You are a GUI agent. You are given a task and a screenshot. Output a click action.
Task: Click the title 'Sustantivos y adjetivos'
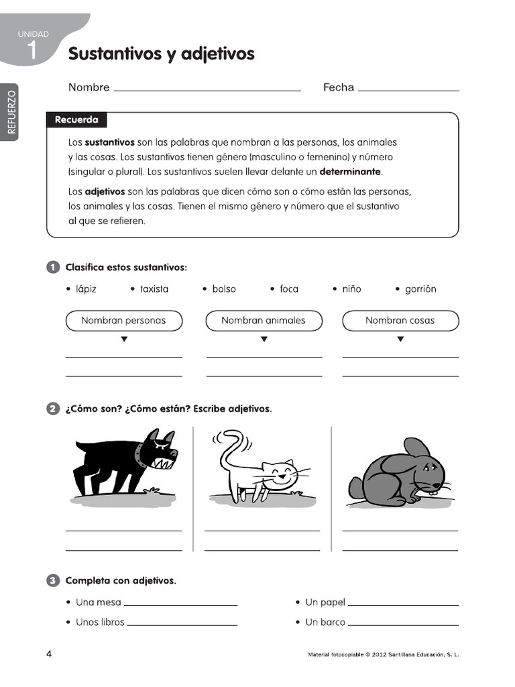[161, 54]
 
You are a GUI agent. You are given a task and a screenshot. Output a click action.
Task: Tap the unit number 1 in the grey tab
[32, 49]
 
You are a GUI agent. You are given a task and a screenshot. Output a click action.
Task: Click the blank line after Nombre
[207, 89]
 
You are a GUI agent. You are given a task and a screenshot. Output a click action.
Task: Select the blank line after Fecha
[409, 89]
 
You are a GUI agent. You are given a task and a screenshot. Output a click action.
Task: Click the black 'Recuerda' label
[76, 120]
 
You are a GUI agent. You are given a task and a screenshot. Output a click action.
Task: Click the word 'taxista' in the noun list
[154, 289]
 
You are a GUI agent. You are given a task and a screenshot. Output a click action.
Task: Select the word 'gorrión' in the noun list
[420, 289]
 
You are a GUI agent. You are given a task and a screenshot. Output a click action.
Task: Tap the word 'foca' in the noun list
[289, 289]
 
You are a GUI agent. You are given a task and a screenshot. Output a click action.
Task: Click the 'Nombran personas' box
[123, 321]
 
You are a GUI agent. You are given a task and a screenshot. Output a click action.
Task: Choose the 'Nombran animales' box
[263, 321]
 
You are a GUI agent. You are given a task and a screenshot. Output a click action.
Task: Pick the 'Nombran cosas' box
[400, 321]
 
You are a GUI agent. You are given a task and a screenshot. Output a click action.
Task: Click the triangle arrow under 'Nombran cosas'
[400, 339]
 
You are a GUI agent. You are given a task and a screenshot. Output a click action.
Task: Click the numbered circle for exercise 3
[53, 580]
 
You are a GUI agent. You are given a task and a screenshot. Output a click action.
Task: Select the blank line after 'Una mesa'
[181, 604]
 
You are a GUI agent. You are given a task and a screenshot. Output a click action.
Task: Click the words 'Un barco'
[325, 622]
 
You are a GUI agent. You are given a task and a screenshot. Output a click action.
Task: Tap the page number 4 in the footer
[49, 654]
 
